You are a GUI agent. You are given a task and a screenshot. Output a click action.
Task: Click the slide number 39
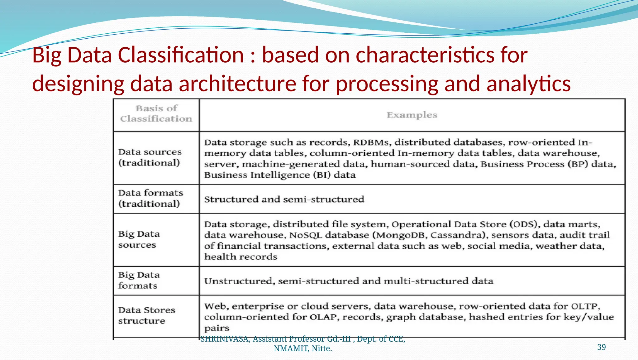(x=601, y=347)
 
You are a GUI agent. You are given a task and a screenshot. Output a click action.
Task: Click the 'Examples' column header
(x=412, y=115)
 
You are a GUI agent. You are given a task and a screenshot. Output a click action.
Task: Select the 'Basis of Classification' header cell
(x=156, y=114)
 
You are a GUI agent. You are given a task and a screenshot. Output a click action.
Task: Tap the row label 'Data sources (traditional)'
(x=150, y=157)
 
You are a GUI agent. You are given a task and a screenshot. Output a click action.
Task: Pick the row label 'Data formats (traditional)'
(x=150, y=198)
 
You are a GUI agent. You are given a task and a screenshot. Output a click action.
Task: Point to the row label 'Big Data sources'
(x=139, y=239)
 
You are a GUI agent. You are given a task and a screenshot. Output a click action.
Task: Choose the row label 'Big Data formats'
(x=139, y=280)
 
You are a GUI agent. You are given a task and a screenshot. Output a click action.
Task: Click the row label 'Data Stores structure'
(x=146, y=315)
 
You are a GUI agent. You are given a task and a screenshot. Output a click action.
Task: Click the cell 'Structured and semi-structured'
(x=284, y=199)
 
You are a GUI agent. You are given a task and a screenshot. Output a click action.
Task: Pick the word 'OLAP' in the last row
(x=323, y=317)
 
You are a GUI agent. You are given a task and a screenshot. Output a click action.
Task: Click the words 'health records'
(x=240, y=257)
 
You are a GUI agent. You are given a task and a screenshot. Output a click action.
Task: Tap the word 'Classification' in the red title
(x=181, y=55)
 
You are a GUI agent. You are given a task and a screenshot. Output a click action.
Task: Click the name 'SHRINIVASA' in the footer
(x=224, y=339)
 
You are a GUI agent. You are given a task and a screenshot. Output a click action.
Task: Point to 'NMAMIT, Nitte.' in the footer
(x=303, y=348)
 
